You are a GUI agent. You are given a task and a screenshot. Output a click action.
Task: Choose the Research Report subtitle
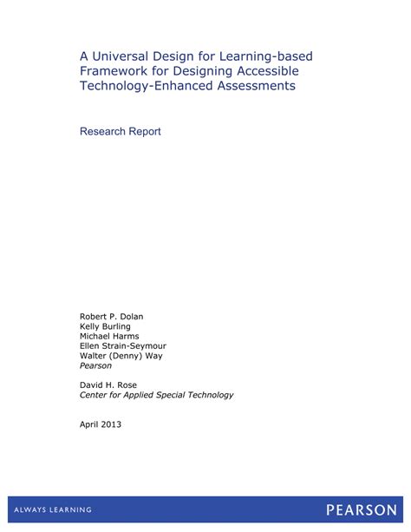(121, 132)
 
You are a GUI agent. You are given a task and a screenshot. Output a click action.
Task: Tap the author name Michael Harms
(109, 336)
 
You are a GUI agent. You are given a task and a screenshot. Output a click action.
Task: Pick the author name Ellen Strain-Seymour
(124, 345)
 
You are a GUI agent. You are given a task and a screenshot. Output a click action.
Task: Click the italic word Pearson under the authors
(95, 365)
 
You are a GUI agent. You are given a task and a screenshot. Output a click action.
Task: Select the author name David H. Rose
(109, 384)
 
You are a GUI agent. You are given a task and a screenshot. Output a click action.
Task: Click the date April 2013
(101, 424)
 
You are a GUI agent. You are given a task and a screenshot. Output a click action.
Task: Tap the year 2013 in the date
(111, 424)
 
